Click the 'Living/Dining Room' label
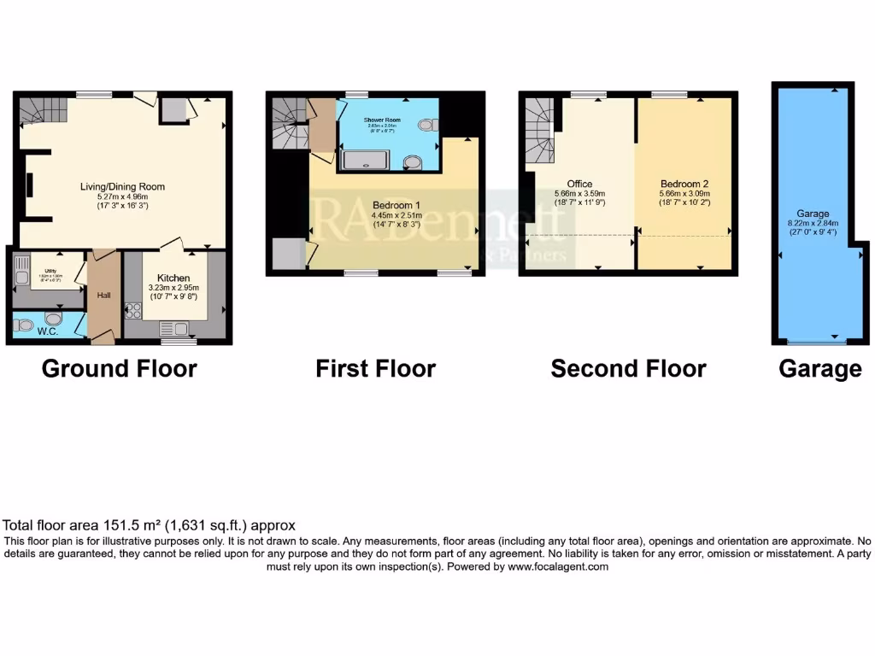(122, 186)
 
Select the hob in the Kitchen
(133, 311)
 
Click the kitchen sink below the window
(172, 327)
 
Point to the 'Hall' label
(103, 296)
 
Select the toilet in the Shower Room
(426, 124)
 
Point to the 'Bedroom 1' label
(396, 205)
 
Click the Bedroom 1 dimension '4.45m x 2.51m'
(396, 216)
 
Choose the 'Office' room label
(579, 183)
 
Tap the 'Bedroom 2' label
(684, 183)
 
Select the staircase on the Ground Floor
(43, 109)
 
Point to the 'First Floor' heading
(375, 369)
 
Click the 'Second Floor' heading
(628, 369)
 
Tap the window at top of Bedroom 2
(669, 94)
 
